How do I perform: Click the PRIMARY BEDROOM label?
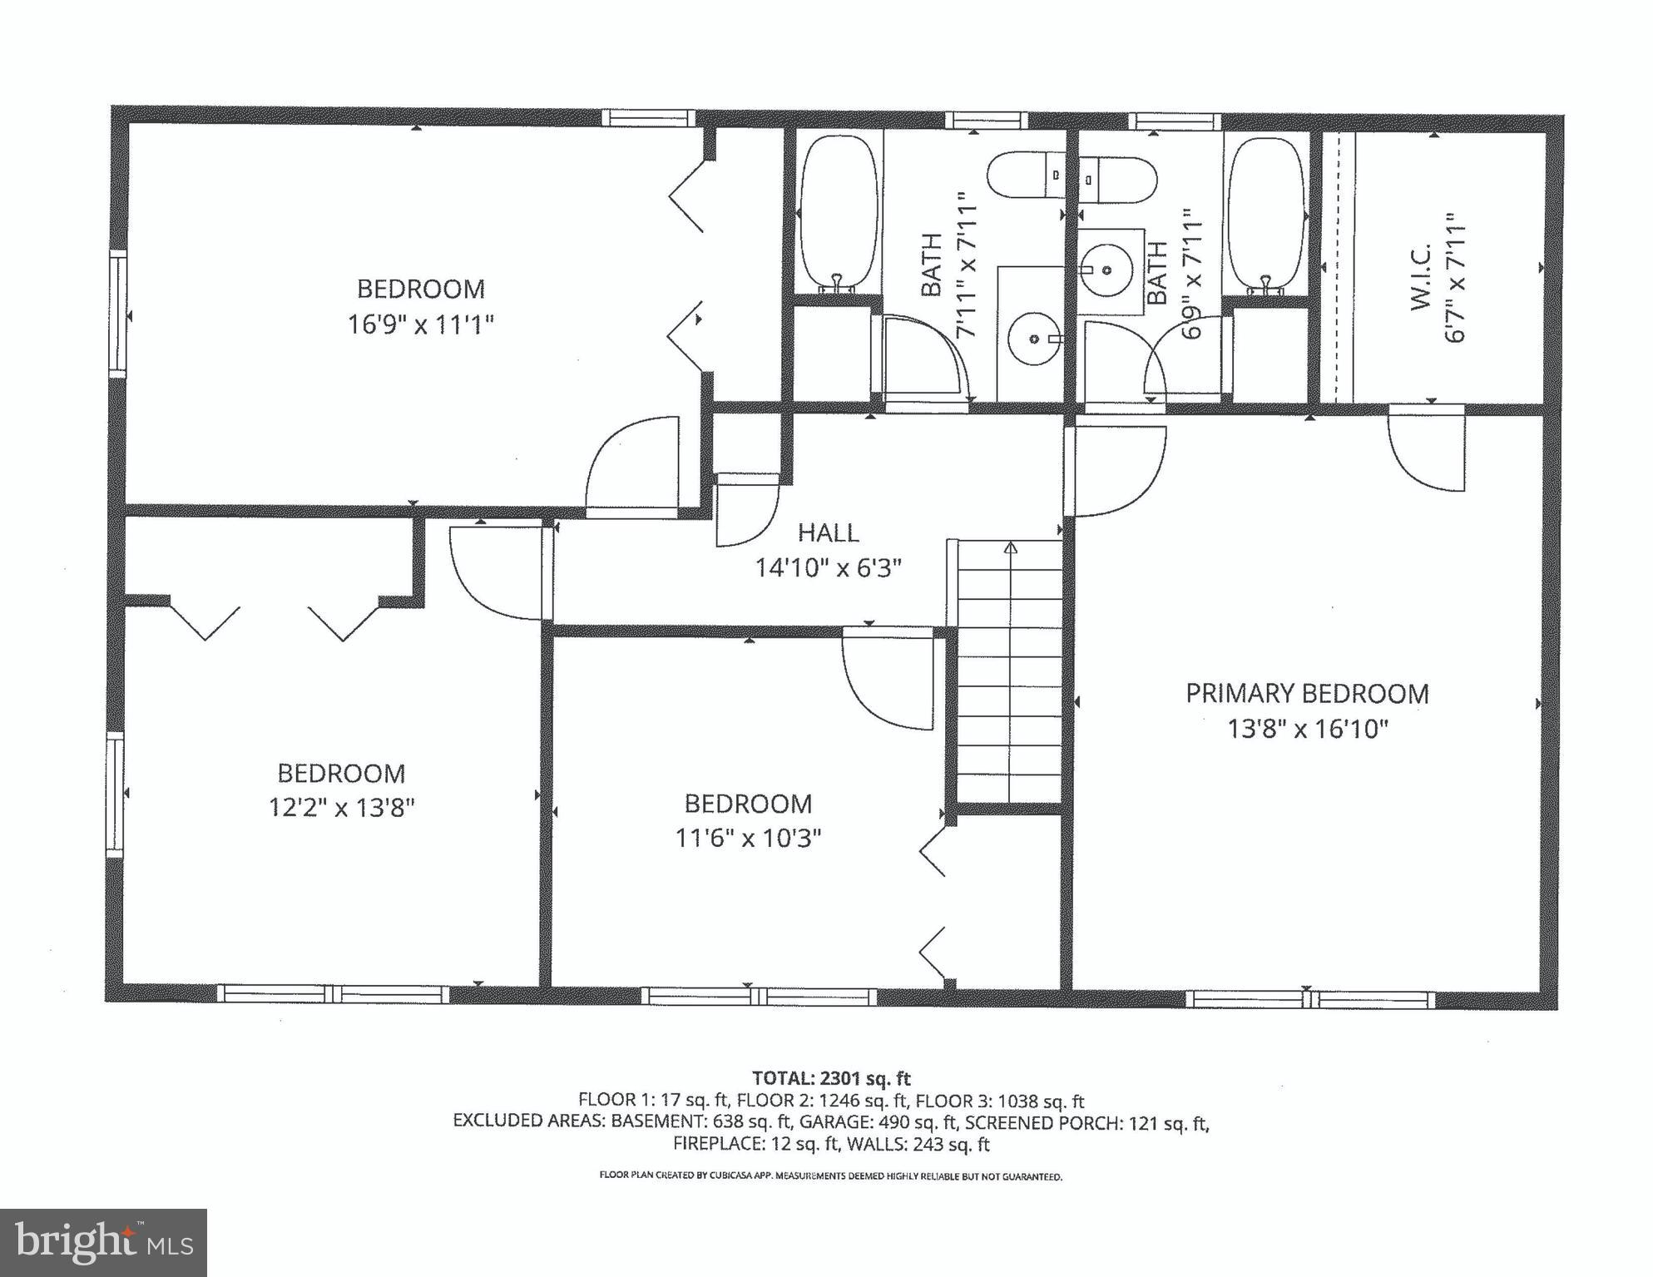click(x=1306, y=694)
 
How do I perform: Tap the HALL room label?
click(x=828, y=532)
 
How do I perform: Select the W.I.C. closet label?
click(x=1420, y=277)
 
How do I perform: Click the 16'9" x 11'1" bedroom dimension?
click(x=420, y=324)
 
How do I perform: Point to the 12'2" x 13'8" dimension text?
click(x=341, y=808)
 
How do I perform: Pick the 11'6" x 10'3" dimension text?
click(x=748, y=838)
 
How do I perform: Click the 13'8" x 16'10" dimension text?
click(x=1308, y=730)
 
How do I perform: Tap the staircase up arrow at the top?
click(x=1011, y=547)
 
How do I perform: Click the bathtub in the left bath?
click(x=838, y=214)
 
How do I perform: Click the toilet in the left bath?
click(x=1025, y=175)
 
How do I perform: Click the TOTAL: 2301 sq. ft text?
click(x=831, y=1079)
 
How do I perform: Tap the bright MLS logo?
click(x=103, y=1243)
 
